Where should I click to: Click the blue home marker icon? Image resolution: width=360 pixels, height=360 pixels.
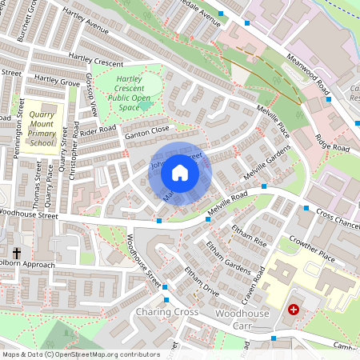click(x=180, y=173)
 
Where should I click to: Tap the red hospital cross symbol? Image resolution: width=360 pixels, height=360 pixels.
click(x=294, y=308)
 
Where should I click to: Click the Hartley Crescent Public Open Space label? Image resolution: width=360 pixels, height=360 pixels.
click(x=130, y=93)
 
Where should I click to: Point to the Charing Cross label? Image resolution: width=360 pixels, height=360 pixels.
click(x=166, y=310)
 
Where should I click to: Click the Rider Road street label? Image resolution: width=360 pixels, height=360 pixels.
click(x=98, y=130)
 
